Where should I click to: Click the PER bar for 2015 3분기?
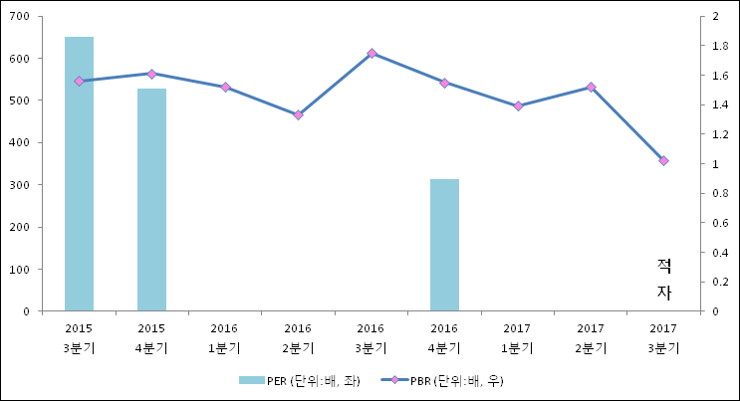(79, 174)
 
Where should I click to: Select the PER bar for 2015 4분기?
(151, 199)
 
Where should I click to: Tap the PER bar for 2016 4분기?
(444, 245)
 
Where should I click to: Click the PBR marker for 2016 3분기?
(371, 53)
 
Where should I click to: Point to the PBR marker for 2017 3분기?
(664, 160)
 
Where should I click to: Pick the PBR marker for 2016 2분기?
(298, 114)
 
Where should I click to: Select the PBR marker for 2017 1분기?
(518, 105)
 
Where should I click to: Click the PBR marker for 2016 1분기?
(225, 87)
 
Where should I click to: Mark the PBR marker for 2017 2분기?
(591, 87)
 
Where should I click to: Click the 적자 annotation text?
(664, 279)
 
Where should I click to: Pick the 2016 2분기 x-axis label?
(298, 337)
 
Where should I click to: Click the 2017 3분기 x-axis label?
(663, 337)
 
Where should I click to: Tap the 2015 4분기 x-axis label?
(151, 337)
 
